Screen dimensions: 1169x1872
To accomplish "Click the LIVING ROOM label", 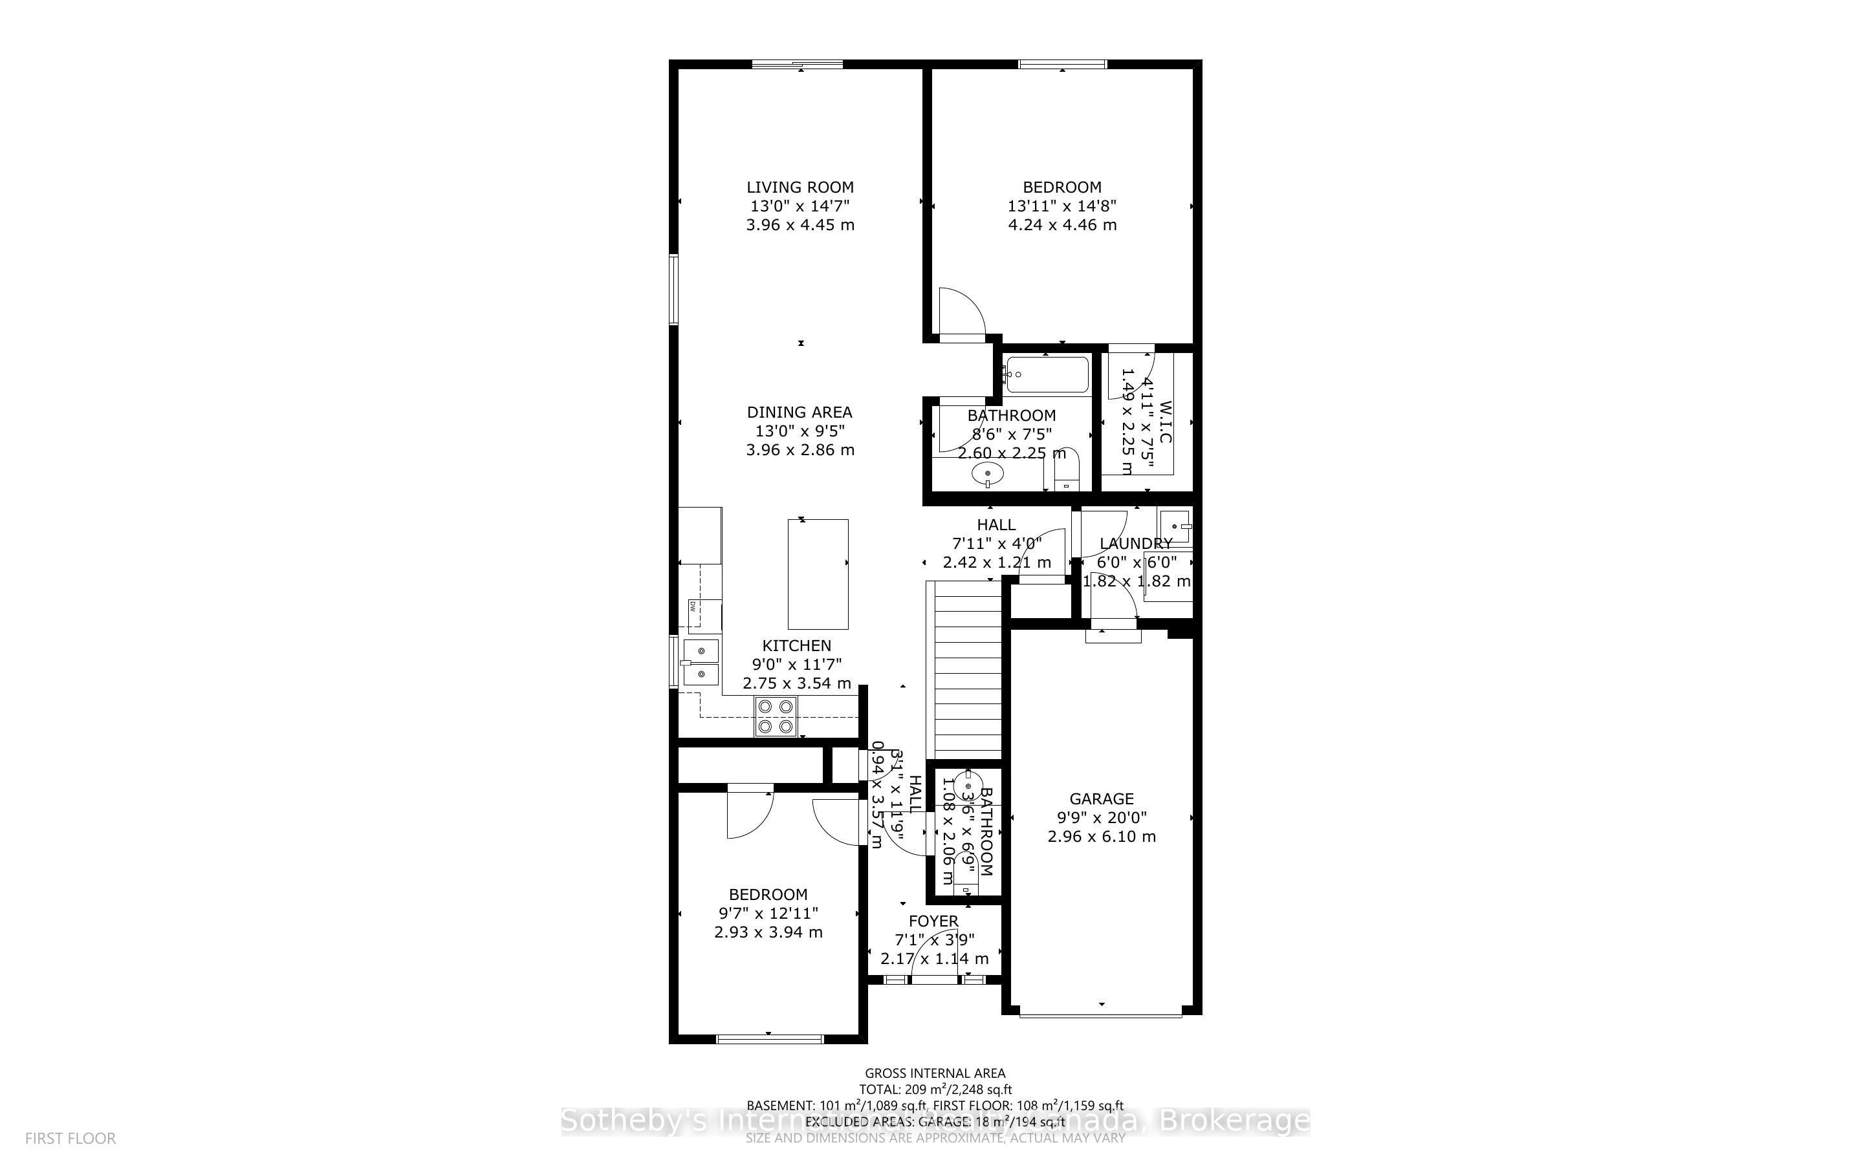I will click(x=800, y=187).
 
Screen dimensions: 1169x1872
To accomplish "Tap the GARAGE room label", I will click(x=1101, y=799).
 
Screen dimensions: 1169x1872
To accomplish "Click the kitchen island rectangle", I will click(x=818, y=574).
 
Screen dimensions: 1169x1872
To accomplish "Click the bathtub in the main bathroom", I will click(x=1046, y=375).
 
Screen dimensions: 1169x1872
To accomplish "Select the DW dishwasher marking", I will click(x=152, y=607).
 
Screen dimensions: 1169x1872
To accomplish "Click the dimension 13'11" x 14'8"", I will click(x=1061, y=206).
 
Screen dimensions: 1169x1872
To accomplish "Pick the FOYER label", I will click(x=933, y=921).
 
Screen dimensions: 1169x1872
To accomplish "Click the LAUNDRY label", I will click(x=1135, y=544).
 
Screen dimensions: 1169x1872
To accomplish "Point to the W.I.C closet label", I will click(x=1166, y=422).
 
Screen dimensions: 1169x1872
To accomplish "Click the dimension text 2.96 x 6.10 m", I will click(x=1101, y=837).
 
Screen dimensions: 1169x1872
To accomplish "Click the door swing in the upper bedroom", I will click(x=961, y=313).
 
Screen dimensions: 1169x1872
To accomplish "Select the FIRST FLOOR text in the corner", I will click(x=71, y=1138).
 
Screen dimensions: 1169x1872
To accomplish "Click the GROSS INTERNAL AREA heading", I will click(x=935, y=1073).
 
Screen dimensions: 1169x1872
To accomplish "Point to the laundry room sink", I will click(x=1175, y=526).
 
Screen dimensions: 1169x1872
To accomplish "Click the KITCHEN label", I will click(x=796, y=645).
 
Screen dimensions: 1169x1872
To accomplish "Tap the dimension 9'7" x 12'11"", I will click(x=768, y=914).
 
